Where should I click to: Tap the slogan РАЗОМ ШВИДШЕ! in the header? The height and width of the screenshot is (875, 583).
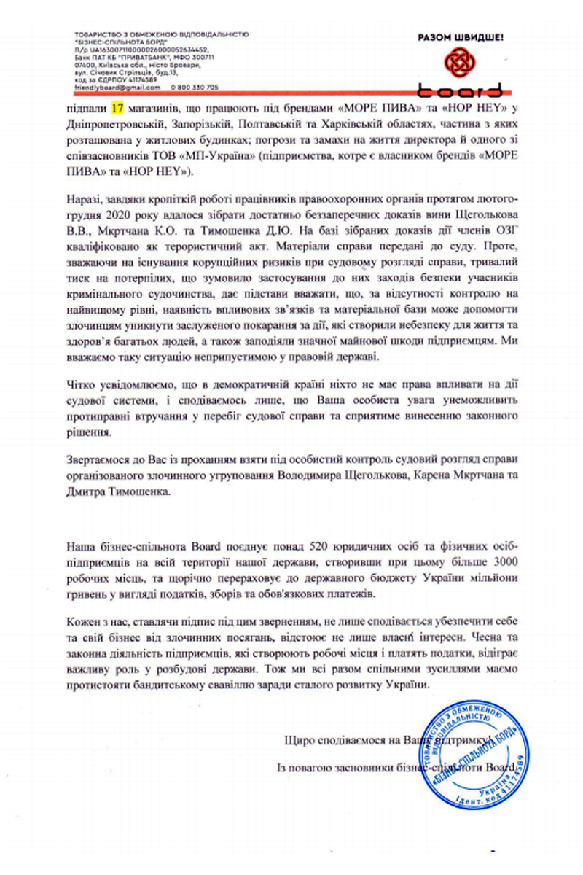[x=461, y=36]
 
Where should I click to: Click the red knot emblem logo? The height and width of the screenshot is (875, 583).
[x=461, y=63]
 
